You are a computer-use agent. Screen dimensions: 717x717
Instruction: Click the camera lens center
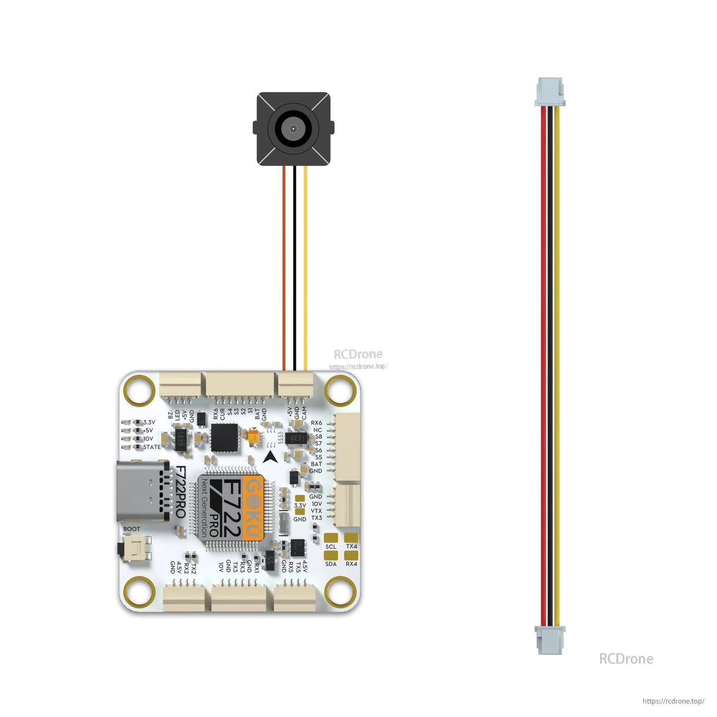pos(293,129)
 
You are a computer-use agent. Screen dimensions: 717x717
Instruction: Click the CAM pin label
pos(304,413)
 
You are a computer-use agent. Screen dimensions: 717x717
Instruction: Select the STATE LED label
pos(152,447)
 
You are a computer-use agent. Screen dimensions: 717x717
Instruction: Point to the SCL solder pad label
pos(331,547)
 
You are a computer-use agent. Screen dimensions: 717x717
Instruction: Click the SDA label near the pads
pos(331,564)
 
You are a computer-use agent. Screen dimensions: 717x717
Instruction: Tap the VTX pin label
pos(316,511)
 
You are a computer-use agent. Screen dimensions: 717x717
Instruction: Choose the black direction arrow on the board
pos(270,457)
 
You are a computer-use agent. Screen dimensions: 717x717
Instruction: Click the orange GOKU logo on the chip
pos(254,507)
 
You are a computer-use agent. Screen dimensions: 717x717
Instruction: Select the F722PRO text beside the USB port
pos(181,492)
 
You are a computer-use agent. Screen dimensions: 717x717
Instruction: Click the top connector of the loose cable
pos(550,91)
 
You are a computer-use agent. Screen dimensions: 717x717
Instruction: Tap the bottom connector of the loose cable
pos(550,640)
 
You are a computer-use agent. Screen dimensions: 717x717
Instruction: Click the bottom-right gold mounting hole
pos(340,591)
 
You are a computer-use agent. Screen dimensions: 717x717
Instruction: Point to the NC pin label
pos(318,430)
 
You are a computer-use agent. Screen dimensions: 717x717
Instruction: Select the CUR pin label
pos(222,414)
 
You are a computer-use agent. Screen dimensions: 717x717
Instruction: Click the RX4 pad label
pos(351,564)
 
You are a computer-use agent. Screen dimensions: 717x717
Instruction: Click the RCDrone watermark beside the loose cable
pos(626,659)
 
